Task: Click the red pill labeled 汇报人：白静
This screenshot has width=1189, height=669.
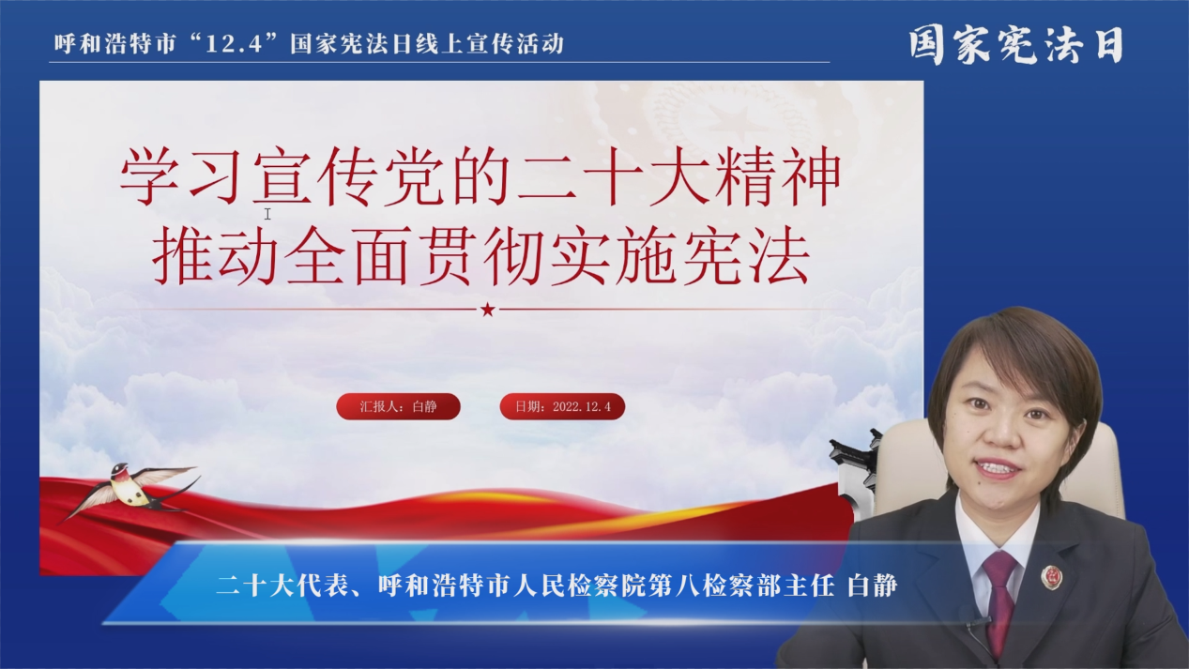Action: [398, 406]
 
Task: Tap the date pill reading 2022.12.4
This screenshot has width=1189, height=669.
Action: [562, 406]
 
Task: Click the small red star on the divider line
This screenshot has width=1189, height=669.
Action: [488, 310]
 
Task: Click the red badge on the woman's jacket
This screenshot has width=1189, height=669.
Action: [1051, 577]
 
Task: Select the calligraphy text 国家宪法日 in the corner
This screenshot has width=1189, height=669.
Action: [1016, 45]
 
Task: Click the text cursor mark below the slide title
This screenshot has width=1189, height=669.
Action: [267, 214]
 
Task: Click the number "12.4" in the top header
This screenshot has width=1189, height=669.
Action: [234, 44]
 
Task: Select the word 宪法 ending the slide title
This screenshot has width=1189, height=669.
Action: [747, 256]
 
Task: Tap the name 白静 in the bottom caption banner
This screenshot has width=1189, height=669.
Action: [872, 585]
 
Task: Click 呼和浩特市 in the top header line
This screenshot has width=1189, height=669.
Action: [114, 44]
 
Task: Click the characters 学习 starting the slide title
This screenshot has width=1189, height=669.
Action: [181, 176]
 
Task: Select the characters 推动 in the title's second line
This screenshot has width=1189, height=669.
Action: [216, 256]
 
